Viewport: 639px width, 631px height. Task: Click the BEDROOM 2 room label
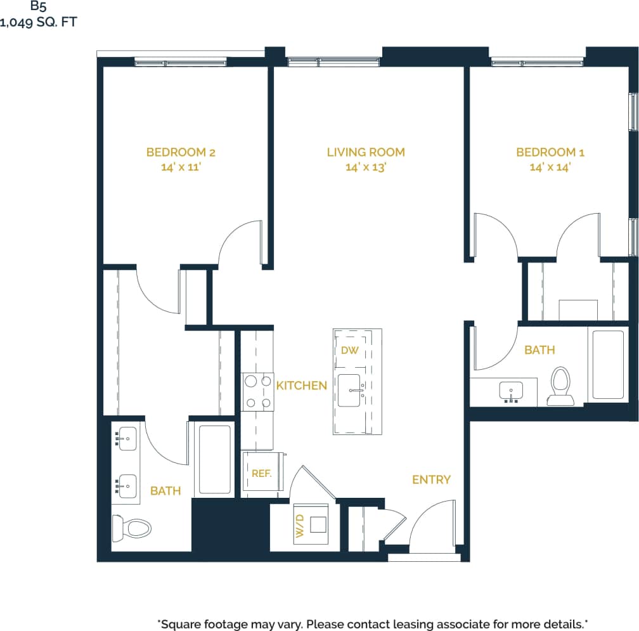point(181,152)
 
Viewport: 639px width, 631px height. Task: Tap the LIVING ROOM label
point(366,152)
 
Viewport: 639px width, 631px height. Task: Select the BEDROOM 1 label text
point(550,152)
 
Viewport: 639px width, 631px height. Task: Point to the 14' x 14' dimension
point(550,168)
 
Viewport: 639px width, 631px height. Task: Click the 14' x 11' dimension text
point(181,168)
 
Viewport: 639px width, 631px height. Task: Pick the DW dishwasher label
point(349,350)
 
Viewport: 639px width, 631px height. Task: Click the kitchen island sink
point(349,390)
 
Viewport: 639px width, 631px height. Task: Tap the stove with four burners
point(257,392)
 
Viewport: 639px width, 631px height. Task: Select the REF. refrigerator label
point(261,473)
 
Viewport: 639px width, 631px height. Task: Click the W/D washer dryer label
point(300,526)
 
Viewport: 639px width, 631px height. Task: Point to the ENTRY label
point(431,479)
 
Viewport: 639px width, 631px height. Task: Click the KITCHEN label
point(302,386)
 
